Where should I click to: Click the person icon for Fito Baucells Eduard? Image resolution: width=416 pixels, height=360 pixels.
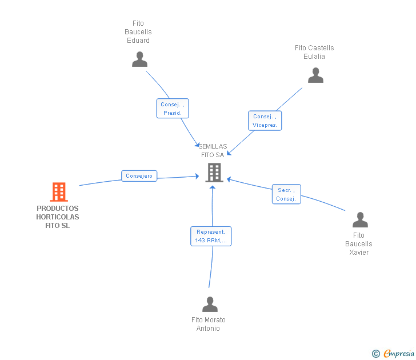coord(139,59)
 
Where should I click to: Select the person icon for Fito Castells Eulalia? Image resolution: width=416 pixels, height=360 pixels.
coord(315,75)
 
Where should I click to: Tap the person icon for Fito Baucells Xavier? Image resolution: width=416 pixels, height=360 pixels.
coord(360,220)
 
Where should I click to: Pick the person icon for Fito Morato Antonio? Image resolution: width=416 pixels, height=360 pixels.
coord(210,305)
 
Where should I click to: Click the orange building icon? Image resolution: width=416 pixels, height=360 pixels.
coord(59,192)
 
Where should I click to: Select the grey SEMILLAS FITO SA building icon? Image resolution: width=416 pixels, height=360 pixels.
coord(214,172)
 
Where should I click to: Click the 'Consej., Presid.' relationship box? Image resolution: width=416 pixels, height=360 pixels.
coord(173,109)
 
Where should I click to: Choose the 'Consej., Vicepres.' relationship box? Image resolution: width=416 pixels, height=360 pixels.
coord(265,121)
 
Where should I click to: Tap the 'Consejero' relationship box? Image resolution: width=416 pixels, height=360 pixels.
coord(139,176)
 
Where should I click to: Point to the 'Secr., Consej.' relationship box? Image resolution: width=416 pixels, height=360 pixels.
coord(286,194)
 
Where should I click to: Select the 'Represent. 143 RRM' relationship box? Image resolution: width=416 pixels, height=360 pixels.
coord(211,236)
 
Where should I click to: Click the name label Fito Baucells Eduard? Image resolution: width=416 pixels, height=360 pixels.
coord(138,32)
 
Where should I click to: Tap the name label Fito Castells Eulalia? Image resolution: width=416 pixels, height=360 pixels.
coord(314,52)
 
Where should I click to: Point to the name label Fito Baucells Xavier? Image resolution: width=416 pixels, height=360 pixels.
coord(359,244)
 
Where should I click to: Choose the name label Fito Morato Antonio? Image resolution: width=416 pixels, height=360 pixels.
coord(209,324)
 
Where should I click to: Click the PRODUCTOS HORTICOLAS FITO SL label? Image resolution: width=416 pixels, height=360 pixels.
coord(58,217)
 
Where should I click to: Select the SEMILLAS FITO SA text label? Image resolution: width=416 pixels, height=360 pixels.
coord(213,151)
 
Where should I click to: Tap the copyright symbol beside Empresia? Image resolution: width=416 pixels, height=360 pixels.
coord(376,354)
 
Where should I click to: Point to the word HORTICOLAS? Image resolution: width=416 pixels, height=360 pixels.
coord(58,217)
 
